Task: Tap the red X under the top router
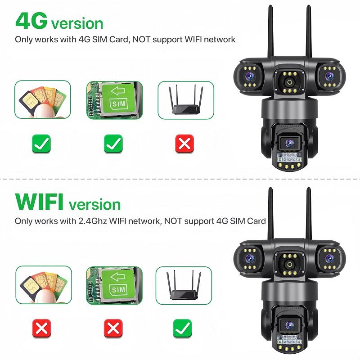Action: tap(184, 144)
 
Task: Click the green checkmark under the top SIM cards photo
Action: tap(41, 144)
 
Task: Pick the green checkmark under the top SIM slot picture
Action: tap(113, 144)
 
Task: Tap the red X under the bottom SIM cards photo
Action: tap(42, 328)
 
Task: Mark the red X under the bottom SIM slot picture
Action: tap(113, 328)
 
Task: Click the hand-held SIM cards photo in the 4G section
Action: tap(43, 99)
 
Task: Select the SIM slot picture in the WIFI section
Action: tap(114, 284)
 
